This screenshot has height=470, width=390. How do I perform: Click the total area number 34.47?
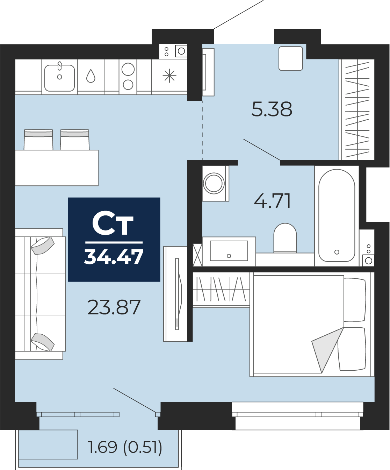114,257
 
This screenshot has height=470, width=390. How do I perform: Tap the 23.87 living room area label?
114,307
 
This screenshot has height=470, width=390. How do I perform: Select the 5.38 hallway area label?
272,109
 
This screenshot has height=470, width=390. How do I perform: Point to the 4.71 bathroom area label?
272,201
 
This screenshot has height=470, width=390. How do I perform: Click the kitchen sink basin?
59,78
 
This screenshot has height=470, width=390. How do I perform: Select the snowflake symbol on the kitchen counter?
169,76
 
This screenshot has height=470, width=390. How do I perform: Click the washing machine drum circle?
214,183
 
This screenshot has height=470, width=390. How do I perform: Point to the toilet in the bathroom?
285,237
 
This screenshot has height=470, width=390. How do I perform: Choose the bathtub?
337,216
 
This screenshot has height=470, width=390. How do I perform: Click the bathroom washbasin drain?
229,256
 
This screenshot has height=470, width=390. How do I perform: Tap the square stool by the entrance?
291,58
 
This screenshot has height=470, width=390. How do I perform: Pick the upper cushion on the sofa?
43,245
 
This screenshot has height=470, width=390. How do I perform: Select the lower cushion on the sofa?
43,342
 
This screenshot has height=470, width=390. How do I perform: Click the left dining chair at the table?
38,140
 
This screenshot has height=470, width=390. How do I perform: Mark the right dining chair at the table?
75,140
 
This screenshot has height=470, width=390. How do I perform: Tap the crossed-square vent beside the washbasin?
198,255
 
